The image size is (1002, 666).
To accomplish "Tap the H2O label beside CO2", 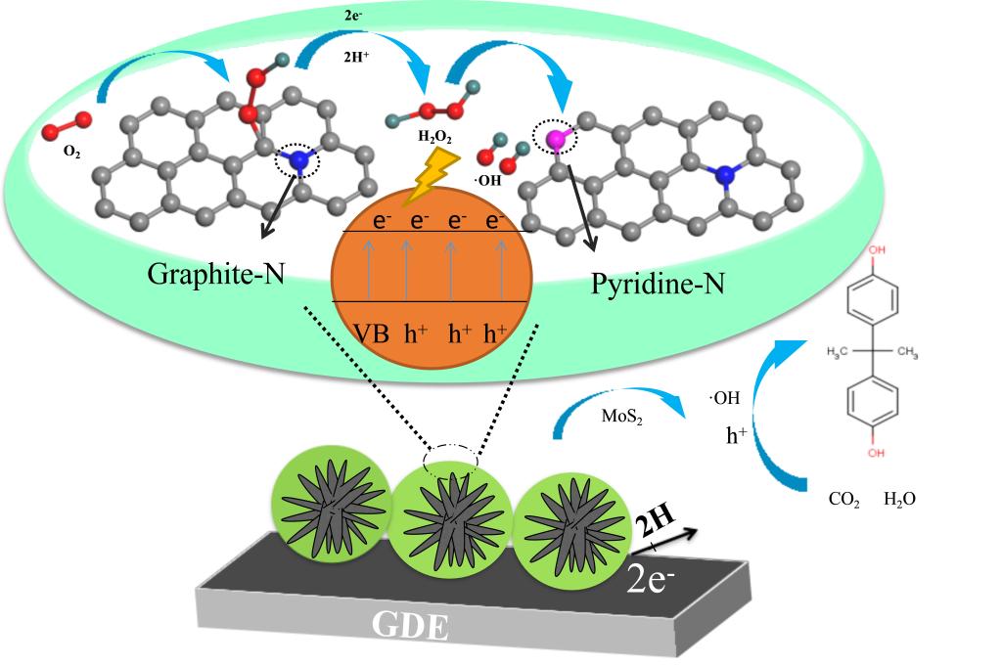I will tap(899, 499).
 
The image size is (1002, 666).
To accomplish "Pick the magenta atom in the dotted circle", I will tap(554, 139).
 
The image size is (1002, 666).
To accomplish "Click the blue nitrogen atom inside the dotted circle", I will tap(299, 159).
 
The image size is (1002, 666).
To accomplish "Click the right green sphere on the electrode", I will tap(563, 528).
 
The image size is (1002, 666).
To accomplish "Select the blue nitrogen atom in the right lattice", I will tap(723, 174).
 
